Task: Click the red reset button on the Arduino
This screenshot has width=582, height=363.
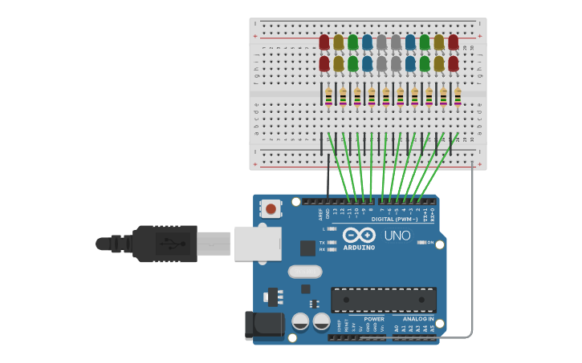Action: [271, 209]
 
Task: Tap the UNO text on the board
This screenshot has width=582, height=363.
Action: [397, 236]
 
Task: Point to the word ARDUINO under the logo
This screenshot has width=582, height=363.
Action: [359, 248]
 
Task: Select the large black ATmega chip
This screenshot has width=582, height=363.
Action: [384, 300]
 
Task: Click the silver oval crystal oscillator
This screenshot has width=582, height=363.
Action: [305, 272]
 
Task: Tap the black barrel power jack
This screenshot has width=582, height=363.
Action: [265, 325]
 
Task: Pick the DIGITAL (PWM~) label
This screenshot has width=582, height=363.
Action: [395, 219]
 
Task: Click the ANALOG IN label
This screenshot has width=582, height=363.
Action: [417, 319]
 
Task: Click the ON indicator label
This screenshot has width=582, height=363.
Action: [430, 242]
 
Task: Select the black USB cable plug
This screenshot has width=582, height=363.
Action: [165, 244]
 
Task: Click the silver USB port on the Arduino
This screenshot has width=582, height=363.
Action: [258, 244]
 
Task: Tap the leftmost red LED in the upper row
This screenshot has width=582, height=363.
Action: [324, 42]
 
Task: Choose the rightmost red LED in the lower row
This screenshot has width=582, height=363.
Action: [454, 63]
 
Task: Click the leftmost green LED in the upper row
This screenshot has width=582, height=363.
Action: [353, 42]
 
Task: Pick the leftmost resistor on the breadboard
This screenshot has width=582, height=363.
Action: [328, 96]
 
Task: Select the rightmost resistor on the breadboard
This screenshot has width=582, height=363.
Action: [458, 96]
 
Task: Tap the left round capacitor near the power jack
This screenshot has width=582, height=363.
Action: [300, 321]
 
